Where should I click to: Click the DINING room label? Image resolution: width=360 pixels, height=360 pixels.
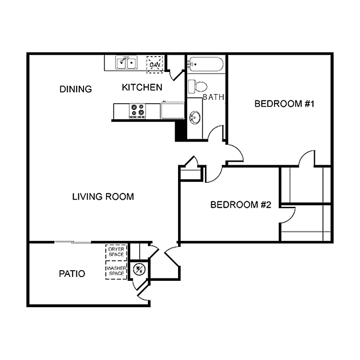pyautogui.click(x=75, y=89)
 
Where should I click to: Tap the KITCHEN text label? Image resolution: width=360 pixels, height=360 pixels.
pyautogui.click(x=142, y=87)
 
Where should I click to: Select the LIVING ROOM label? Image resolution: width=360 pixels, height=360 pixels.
pyautogui.click(x=103, y=196)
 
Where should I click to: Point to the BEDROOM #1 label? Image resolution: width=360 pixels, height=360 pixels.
pyautogui.click(x=284, y=104)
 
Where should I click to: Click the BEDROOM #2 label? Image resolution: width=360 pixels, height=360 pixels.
pyautogui.click(x=241, y=205)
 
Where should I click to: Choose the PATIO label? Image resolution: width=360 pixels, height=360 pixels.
pyautogui.click(x=72, y=274)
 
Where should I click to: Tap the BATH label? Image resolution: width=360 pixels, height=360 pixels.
pyautogui.click(x=214, y=97)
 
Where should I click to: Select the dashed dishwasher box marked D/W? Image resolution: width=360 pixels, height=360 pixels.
pyautogui.click(x=155, y=64)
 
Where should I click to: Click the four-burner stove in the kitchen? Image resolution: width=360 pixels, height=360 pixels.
pyautogui.click(x=137, y=111)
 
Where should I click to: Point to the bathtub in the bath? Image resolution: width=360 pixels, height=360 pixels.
pyautogui.click(x=205, y=65)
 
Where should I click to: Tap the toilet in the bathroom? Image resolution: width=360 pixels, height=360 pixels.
pyautogui.click(x=197, y=86)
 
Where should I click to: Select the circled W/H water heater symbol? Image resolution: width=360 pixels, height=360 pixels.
pyautogui.click(x=139, y=270)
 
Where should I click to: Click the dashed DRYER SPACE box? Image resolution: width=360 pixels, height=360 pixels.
pyautogui.click(x=116, y=252)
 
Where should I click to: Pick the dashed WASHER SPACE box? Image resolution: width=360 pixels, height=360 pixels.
pyautogui.click(x=116, y=270)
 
